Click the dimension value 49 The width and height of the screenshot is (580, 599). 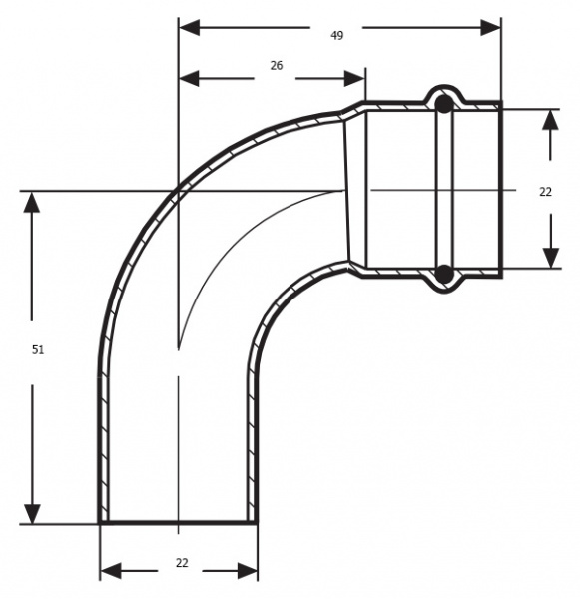(336, 36)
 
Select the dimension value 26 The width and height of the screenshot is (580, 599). (277, 66)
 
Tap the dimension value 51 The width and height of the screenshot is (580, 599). (38, 349)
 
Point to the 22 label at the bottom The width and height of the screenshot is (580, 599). (183, 563)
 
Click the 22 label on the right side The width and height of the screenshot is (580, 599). (546, 192)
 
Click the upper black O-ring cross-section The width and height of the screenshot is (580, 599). (444, 104)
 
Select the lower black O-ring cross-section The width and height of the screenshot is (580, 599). (444, 274)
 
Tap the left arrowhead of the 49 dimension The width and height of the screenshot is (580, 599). (190, 28)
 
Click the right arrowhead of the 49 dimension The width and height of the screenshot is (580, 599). (490, 28)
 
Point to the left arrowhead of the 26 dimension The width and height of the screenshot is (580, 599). (190, 78)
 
